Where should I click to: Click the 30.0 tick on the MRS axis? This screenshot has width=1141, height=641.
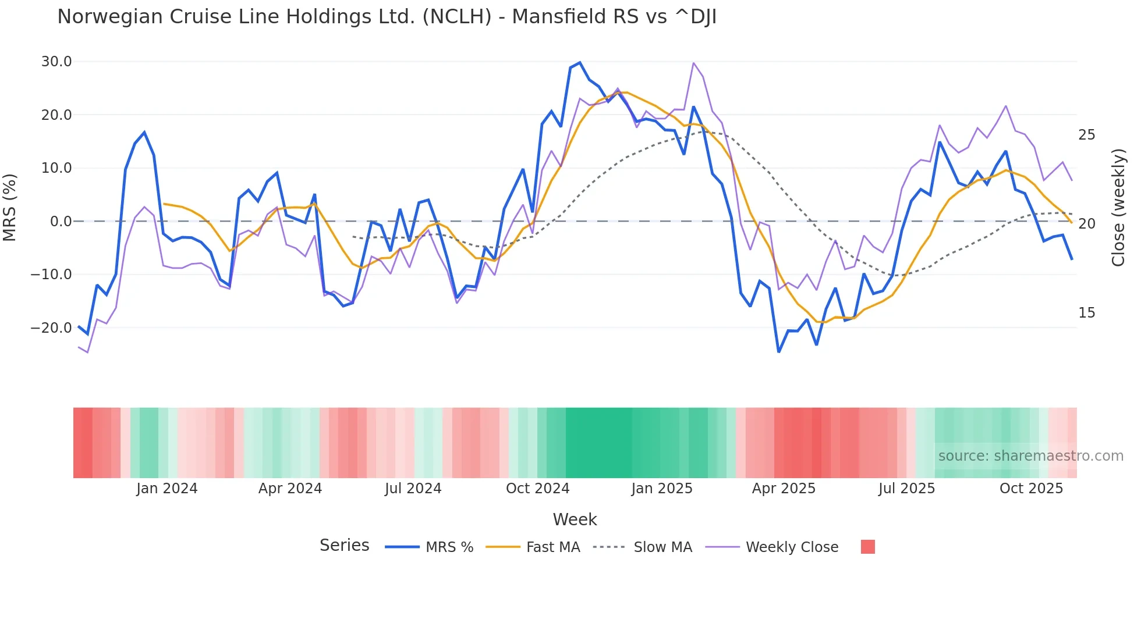tap(56, 62)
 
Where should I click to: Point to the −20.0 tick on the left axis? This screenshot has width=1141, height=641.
tap(52, 328)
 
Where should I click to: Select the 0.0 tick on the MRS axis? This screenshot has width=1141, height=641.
tap(61, 222)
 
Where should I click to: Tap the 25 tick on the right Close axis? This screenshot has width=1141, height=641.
tap(1086, 135)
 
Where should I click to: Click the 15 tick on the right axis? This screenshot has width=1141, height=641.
tap(1086, 313)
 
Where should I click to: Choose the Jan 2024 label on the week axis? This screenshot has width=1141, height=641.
tap(167, 489)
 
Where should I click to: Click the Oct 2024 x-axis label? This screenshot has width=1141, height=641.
tap(537, 489)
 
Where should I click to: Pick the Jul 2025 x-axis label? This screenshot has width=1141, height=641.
tap(906, 489)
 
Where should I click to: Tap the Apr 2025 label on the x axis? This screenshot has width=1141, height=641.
tap(784, 489)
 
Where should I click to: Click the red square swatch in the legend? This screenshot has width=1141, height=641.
tap(867, 547)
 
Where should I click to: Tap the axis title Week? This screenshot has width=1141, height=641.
tap(575, 519)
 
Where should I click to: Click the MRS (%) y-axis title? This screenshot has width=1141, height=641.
tap(10, 207)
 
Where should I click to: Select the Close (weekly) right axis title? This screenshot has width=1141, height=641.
tap(1118, 208)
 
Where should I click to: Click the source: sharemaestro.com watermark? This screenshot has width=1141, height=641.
tap(1030, 456)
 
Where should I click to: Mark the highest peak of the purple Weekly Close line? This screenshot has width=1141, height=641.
tap(693, 63)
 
